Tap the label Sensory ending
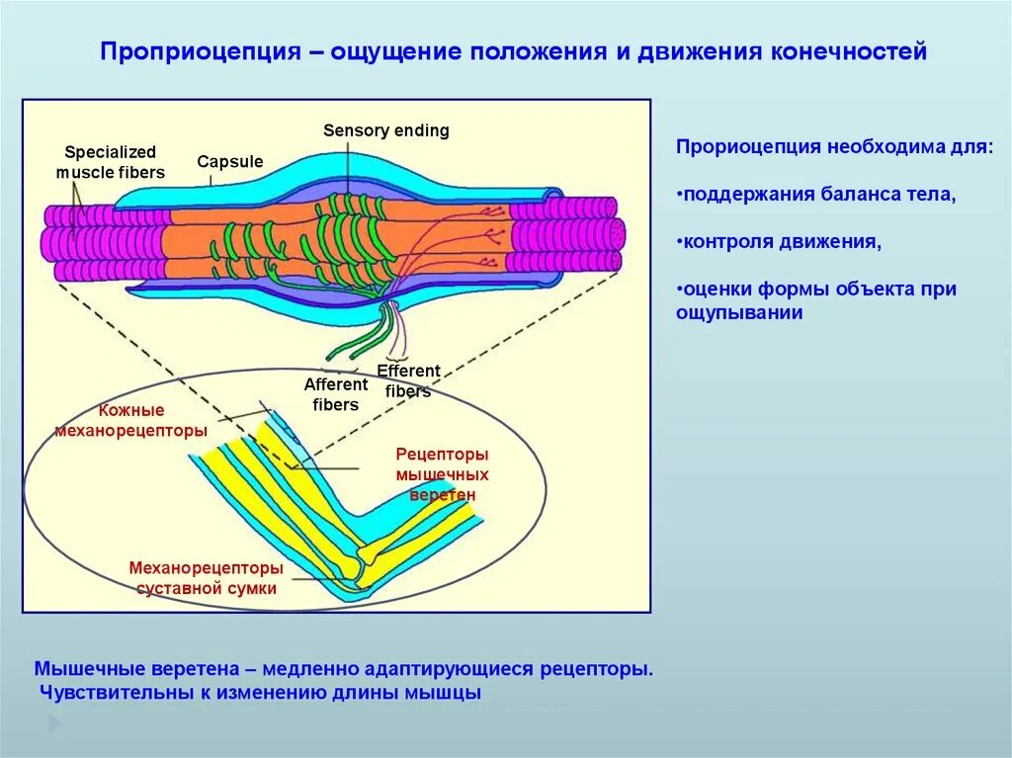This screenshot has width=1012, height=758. (385, 130)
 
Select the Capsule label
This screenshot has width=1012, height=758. (229, 161)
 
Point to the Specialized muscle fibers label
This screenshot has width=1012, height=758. (110, 162)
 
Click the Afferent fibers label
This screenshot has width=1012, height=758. (335, 394)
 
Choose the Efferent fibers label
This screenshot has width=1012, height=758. (407, 380)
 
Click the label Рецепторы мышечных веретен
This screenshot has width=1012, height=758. (442, 474)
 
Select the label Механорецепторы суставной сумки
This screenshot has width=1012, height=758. (206, 578)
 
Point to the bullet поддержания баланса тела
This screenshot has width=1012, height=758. (816, 194)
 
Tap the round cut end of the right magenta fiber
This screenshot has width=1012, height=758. (616, 234)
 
